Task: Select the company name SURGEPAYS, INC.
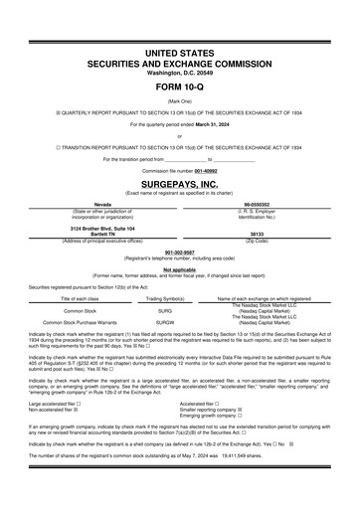[180, 185]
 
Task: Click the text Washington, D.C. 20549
[180, 73]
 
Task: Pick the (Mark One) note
[180, 100]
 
